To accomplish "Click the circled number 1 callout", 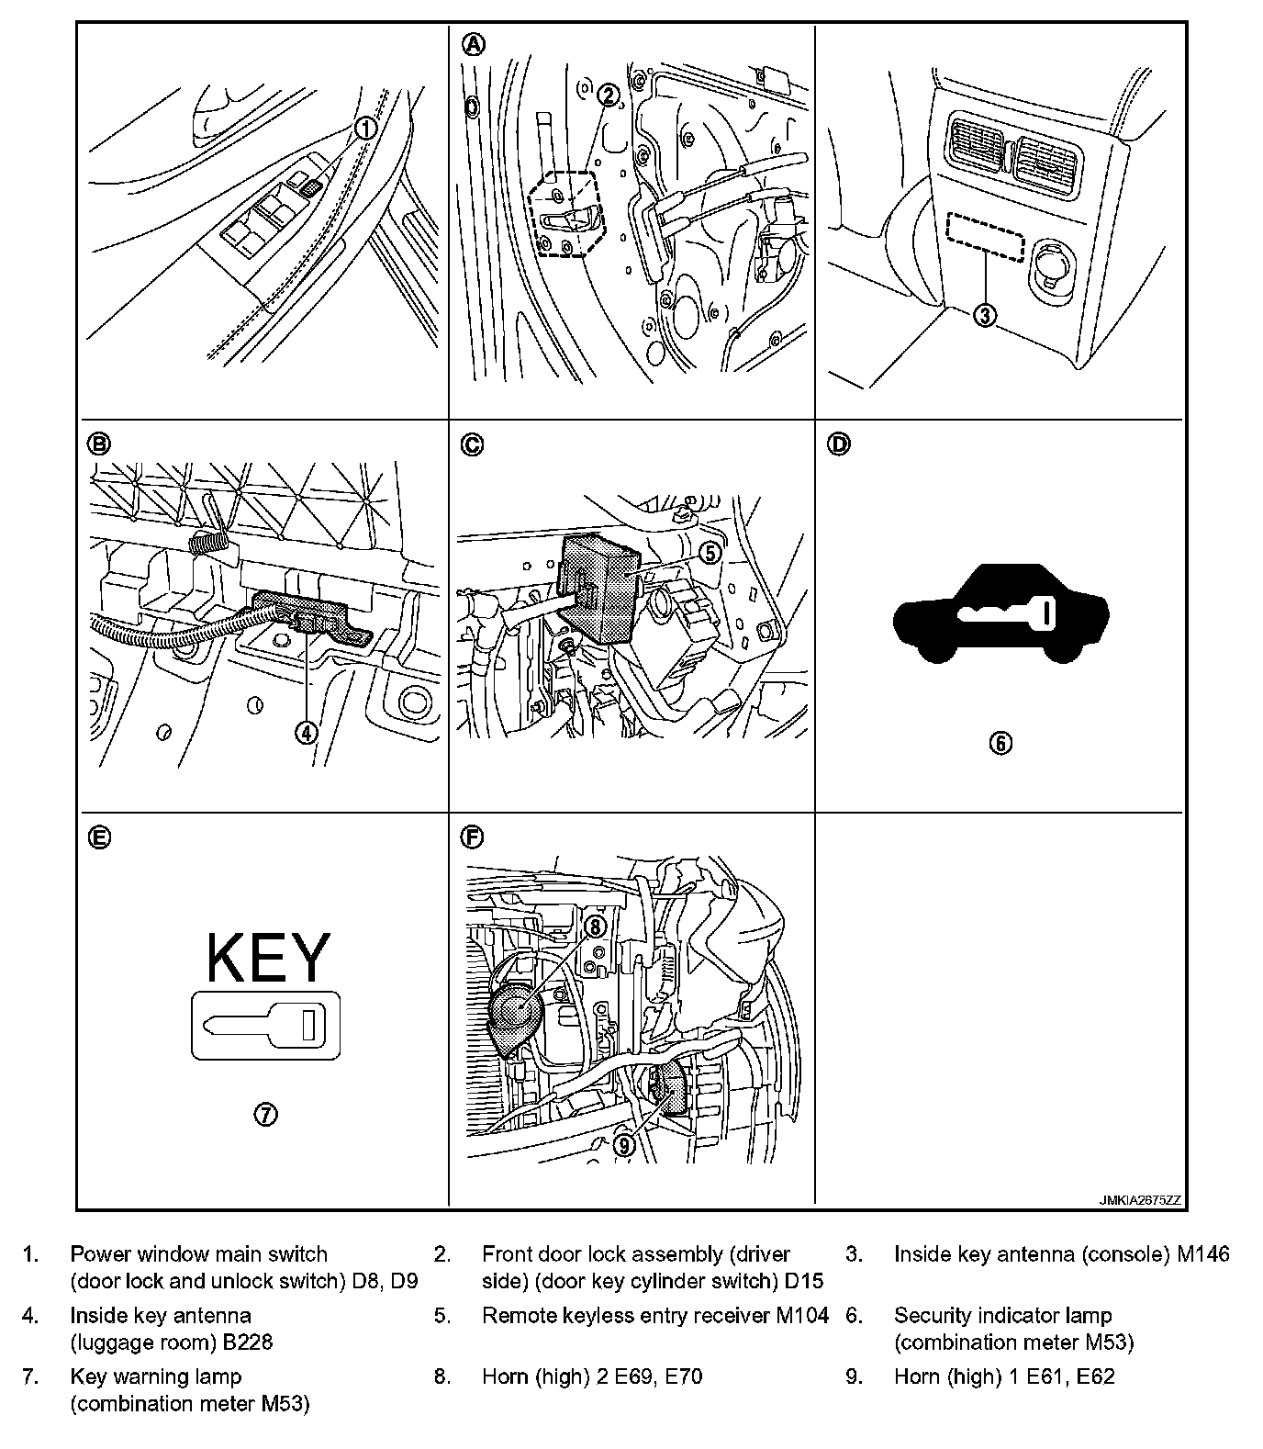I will click(x=365, y=129).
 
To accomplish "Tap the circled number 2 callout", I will click(x=607, y=95).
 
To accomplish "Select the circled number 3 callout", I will click(x=983, y=316).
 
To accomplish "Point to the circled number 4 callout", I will click(x=306, y=732).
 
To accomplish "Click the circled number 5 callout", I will click(x=710, y=553).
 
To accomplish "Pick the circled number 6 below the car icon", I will click(x=1000, y=743).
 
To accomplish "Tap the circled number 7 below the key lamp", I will click(x=265, y=1115).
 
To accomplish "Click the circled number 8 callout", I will click(x=595, y=927).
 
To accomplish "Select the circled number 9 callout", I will click(x=623, y=1144).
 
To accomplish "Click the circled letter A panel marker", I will click(x=473, y=44).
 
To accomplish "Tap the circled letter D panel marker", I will click(x=839, y=444).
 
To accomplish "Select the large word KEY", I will click(x=266, y=957).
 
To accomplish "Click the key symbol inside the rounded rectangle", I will click(x=265, y=1025).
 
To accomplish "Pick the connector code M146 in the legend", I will click(x=1202, y=1254).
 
